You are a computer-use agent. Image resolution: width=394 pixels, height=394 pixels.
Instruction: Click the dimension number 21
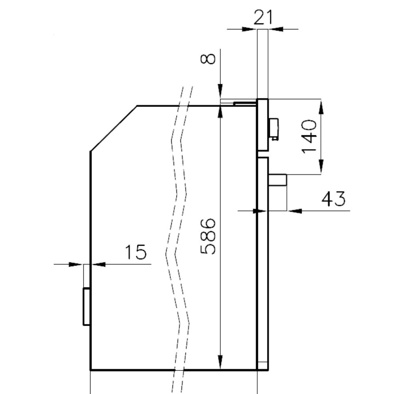(263, 18)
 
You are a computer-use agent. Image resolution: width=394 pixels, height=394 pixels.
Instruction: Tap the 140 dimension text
(309, 136)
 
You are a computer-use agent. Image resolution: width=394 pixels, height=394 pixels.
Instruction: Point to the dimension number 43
(333, 199)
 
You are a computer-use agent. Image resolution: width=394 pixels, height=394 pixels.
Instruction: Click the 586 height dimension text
(208, 236)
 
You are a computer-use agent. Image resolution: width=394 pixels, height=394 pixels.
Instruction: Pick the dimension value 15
(136, 252)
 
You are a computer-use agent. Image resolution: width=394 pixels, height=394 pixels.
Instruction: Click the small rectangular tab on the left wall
(87, 307)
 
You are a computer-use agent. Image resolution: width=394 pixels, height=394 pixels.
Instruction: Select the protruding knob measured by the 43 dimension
(278, 180)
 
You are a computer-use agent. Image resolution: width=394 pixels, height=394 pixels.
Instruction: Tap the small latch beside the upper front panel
(274, 129)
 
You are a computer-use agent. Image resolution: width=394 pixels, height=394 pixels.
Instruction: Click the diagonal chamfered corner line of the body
(113, 128)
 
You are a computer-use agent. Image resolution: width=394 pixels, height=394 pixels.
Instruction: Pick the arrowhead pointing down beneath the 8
(220, 91)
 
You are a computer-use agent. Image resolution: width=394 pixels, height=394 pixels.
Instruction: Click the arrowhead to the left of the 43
(294, 211)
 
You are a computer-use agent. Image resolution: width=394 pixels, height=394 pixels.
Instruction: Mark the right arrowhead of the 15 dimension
(98, 264)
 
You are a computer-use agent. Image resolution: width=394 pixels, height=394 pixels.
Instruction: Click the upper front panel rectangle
(263, 125)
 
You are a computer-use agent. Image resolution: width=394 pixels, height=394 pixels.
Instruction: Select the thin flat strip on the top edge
(245, 103)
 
